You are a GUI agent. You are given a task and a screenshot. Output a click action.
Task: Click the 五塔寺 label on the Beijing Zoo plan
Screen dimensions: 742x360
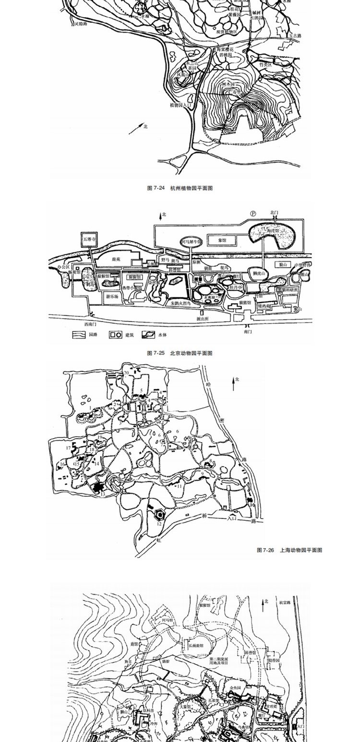click(90, 238)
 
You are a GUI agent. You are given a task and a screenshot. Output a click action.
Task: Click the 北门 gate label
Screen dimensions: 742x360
click(274, 212)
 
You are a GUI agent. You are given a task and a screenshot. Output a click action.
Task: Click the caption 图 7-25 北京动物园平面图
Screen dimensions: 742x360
click(180, 353)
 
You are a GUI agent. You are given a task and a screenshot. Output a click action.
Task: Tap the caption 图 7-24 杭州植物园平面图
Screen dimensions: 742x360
click(180, 188)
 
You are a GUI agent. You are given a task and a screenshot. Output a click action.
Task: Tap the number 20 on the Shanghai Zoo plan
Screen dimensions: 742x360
click(126, 372)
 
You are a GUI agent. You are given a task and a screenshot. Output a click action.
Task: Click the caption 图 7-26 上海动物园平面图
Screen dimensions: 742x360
click(289, 551)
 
